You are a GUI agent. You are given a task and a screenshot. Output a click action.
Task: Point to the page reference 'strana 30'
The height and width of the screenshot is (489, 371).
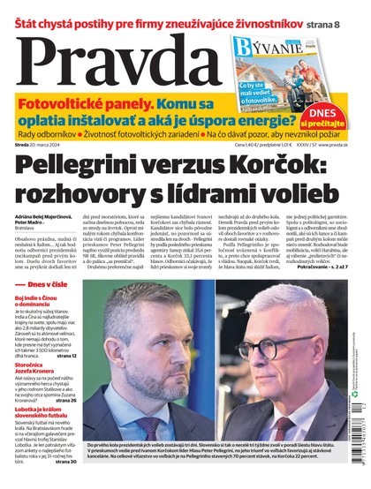(x=65, y=462)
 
